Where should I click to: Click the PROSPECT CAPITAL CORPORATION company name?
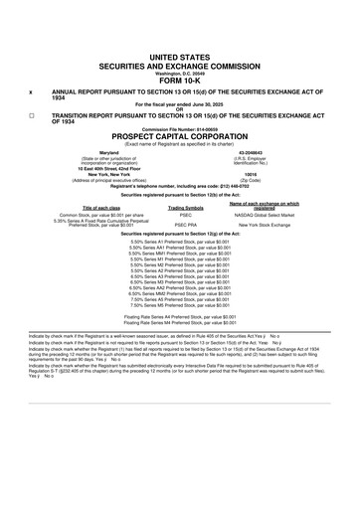[180, 135]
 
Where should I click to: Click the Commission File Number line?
[180, 127]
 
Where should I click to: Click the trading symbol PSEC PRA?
[185, 225]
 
